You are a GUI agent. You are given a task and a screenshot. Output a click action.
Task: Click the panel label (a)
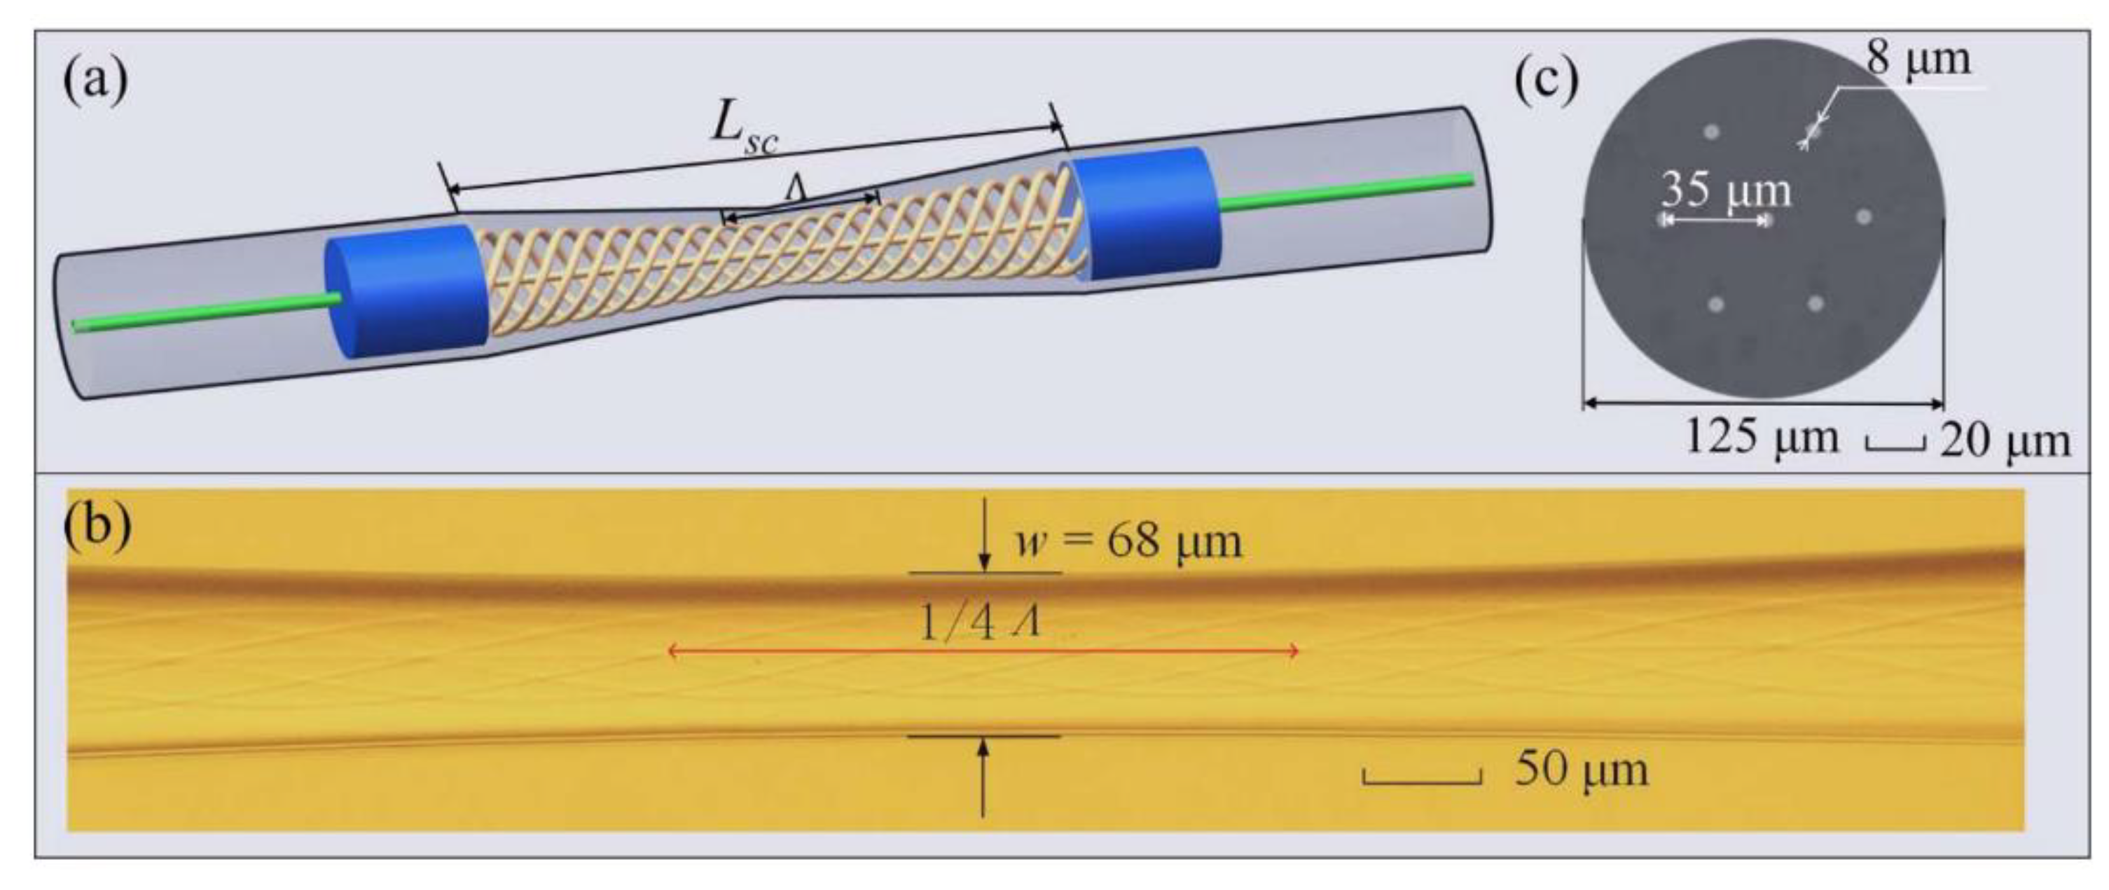tap(96, 83)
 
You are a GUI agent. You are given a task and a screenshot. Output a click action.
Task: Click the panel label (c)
tap(1546, 83)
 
